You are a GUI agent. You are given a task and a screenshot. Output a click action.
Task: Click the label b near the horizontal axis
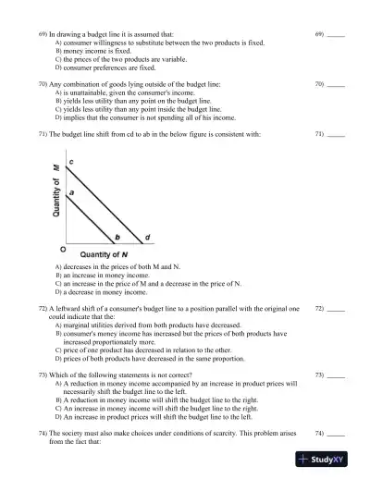pos(117,237)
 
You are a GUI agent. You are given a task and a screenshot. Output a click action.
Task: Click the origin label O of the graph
pos(62,249)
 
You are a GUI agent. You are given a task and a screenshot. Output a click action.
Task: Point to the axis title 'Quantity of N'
pos(104,253)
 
